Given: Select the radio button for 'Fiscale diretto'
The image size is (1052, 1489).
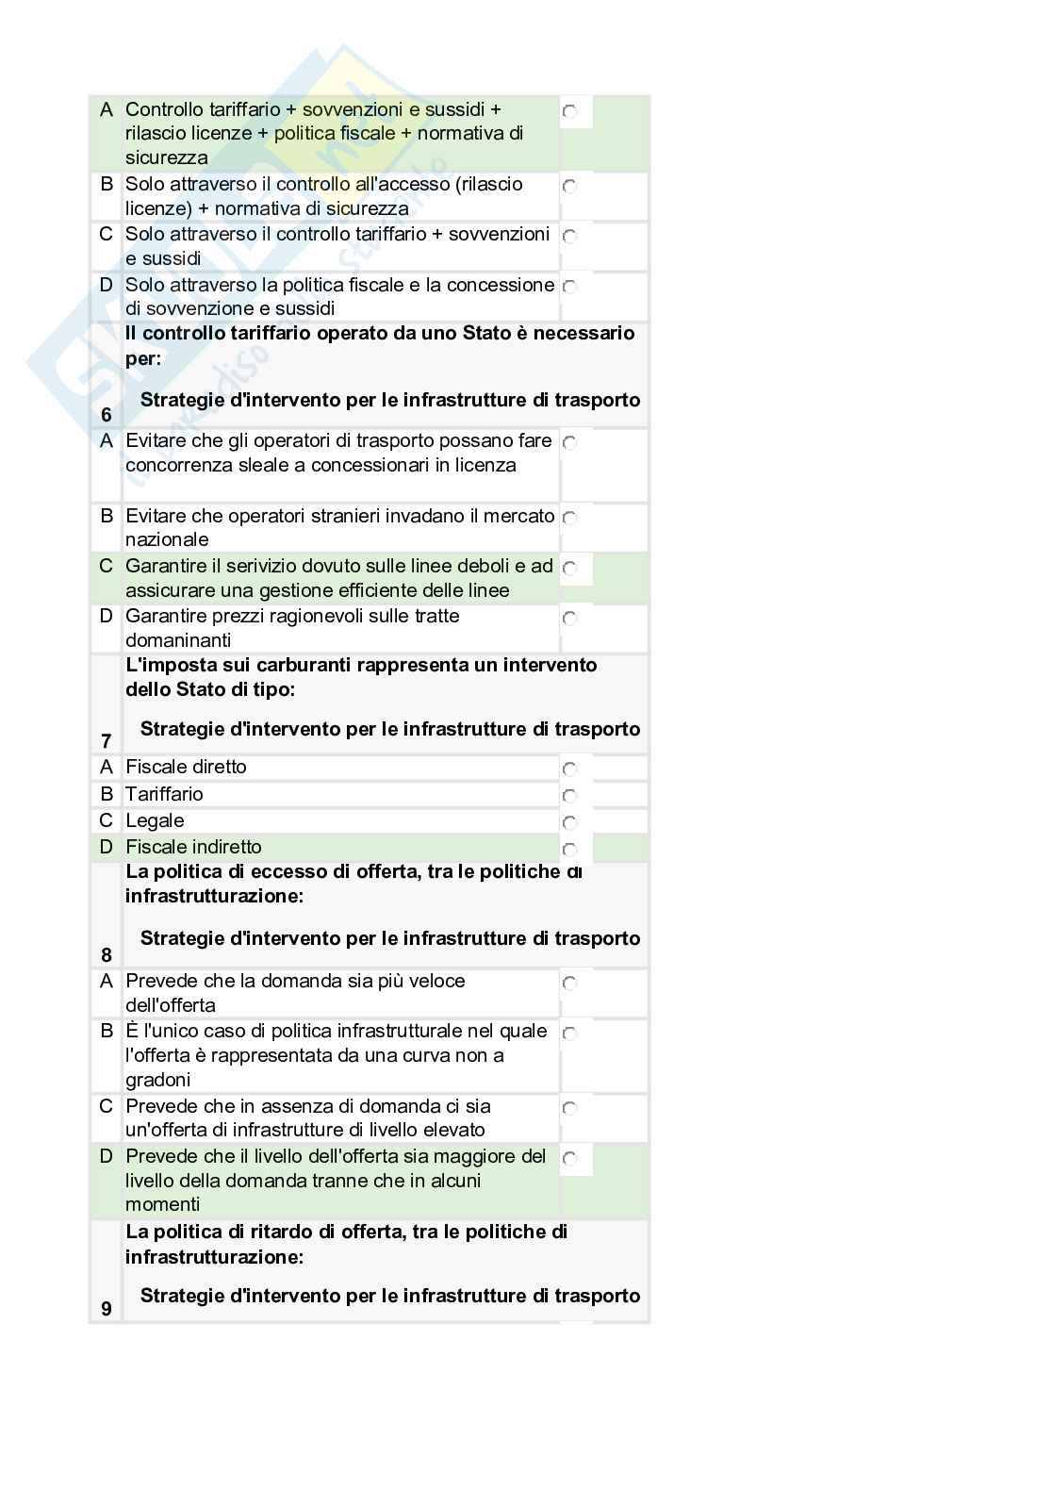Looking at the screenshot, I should click(569, 769).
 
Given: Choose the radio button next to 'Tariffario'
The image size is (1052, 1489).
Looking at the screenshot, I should click(569, 796).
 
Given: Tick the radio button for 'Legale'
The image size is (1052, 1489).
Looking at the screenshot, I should click(569, 822).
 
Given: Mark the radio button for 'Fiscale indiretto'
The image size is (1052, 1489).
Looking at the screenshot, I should click(569, 849).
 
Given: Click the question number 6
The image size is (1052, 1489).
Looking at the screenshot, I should click(106, 415).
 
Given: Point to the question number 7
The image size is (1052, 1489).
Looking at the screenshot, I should click(106, 741).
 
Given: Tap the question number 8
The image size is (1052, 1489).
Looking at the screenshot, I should click(106, 954).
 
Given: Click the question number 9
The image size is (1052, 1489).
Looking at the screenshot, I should click(106, 1308).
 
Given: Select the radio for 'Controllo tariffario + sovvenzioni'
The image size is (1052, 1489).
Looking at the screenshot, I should click(569, 111).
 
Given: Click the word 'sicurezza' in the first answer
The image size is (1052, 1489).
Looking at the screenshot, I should click(167, 157).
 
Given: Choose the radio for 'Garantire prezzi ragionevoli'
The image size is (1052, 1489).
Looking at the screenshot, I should click(569, 618).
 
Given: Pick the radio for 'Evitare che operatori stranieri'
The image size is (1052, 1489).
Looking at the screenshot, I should click(569, 517).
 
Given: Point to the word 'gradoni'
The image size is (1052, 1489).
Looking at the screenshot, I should click(158, 1080).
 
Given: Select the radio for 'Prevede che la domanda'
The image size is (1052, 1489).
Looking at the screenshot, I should click(569, 983).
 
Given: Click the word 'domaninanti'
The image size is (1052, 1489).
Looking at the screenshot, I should click(178, 640).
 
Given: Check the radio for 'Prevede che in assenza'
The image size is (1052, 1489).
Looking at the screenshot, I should click(569, 1108).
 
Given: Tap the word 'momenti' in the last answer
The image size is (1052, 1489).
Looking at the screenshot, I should click(163, 1204).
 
